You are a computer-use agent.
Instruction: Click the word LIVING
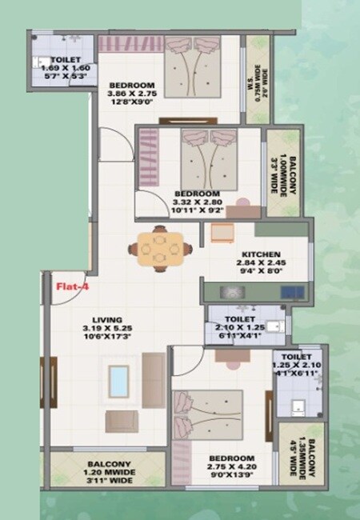(100, 317)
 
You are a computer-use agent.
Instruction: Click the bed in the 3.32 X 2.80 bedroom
(208, 159)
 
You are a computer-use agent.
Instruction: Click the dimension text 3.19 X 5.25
(101, 327)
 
